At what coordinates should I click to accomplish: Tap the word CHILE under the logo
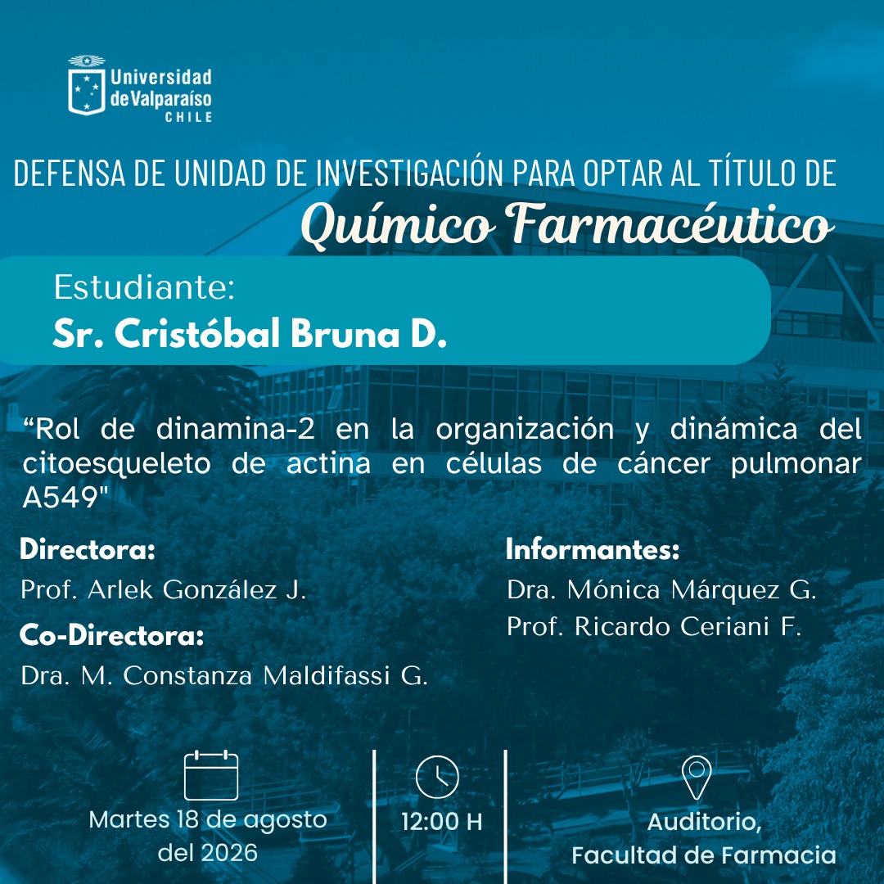click(189, 117)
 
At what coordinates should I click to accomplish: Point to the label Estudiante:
click(144, 287)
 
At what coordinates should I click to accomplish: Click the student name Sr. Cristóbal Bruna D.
click(250, 333)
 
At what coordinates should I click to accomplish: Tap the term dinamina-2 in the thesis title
click(235, 429)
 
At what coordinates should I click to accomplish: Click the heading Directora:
click(88, 549)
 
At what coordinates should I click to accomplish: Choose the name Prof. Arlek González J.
click(164, 589)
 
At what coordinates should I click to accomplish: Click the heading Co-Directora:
click(111, 635)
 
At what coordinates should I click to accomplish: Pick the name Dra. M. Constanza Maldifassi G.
click(224, 675)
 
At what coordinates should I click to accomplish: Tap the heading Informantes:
click(593, 549)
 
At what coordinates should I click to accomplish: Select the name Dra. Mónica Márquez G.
click(661, 589)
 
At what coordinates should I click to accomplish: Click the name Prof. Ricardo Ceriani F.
click(654, 626)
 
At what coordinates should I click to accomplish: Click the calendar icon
click(211, 775)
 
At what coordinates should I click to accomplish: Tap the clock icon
click(437, 777)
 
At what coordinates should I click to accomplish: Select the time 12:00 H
click(441, 822)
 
